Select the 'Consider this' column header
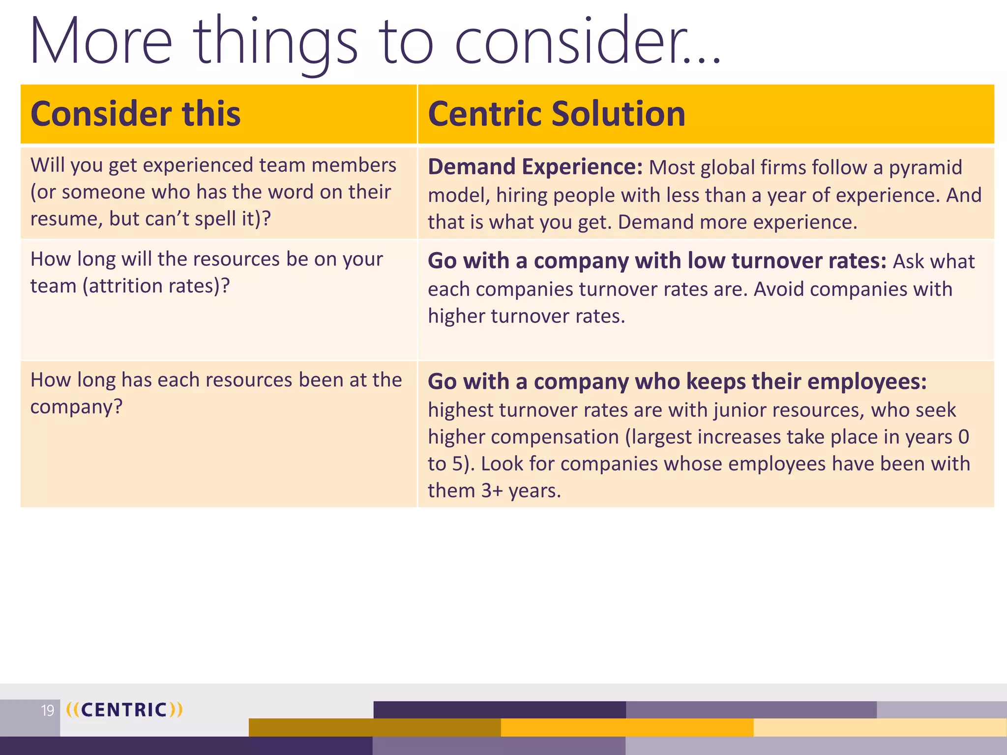point(135,114)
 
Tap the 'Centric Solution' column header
point(557,114)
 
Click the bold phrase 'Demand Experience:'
point(535,167)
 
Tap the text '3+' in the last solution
point(492,491)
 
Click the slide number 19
point(48,711)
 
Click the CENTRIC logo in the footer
point(124,710)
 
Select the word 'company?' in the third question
point(76,407)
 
